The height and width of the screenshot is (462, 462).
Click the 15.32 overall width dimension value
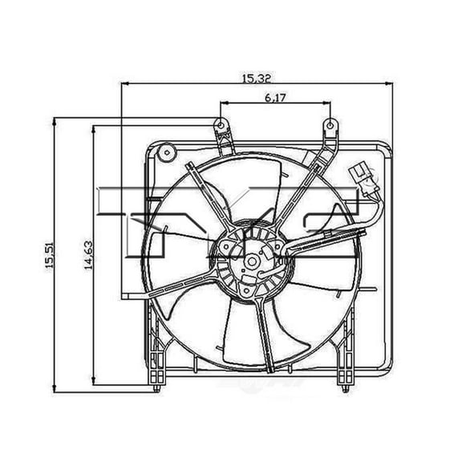click(253, 78)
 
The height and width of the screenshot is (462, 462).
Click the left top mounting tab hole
click(218, 124)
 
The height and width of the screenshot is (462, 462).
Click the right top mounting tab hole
click(329, 124)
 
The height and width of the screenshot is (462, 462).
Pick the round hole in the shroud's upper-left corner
click(167, 151)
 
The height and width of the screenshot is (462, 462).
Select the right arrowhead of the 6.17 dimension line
click(328, 104)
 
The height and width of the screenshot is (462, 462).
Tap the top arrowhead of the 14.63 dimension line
click(95, 126)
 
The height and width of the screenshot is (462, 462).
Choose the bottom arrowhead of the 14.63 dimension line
click(95, 380)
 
